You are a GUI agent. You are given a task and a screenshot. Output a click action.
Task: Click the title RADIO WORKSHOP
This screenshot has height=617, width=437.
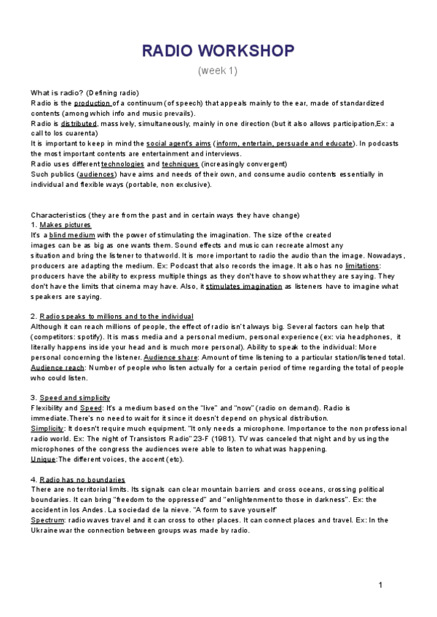pos(218,50)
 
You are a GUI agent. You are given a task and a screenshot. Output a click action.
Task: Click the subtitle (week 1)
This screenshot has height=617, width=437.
pos(218,71)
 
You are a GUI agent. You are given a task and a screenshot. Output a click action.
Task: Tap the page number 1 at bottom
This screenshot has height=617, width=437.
pos(380,586)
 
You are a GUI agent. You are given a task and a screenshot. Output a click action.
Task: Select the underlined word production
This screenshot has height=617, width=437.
pos(92,103)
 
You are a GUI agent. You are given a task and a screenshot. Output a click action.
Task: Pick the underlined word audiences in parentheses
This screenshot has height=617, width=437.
pos(95,175)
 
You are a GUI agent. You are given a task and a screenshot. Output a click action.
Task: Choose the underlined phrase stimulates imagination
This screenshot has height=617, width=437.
pos(244,287)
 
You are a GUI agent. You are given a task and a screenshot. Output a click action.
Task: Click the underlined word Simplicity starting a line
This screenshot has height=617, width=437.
pos(47,429)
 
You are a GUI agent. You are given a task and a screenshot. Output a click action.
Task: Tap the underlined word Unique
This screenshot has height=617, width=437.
pos(43,459)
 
